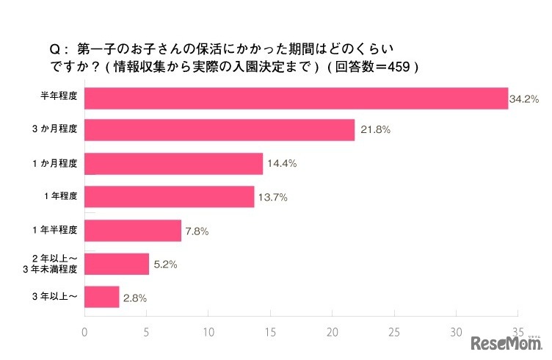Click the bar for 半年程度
pyautogui.click(x=297, y=98)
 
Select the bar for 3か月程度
pyautogui.click(x=220, y=131)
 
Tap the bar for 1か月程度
pyautogui.click(x=174, y=164)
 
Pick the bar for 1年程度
pyautogui.click(x=170, y=197)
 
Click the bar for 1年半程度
pyautogui.click(x=133, y=231)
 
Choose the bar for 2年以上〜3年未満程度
pyautogui.click(x=117, y=264)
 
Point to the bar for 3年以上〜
pyautogui.click(x=102, y=297)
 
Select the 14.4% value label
pyautogui.click(x=282, y=164)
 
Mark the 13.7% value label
pyautogui.click(x=272, y=197)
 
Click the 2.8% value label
pyautogui.click(x=135, y=297)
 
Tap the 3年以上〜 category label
pyautogui.click(x=59, y=297)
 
